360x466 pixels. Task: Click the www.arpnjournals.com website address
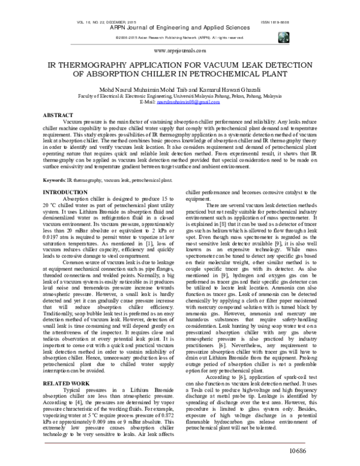(179, 52)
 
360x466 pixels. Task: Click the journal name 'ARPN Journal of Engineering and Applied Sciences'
(180, 27)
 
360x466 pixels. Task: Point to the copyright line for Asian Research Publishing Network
(180, 37)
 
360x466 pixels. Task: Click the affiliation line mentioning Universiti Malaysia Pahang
(180, 96)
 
